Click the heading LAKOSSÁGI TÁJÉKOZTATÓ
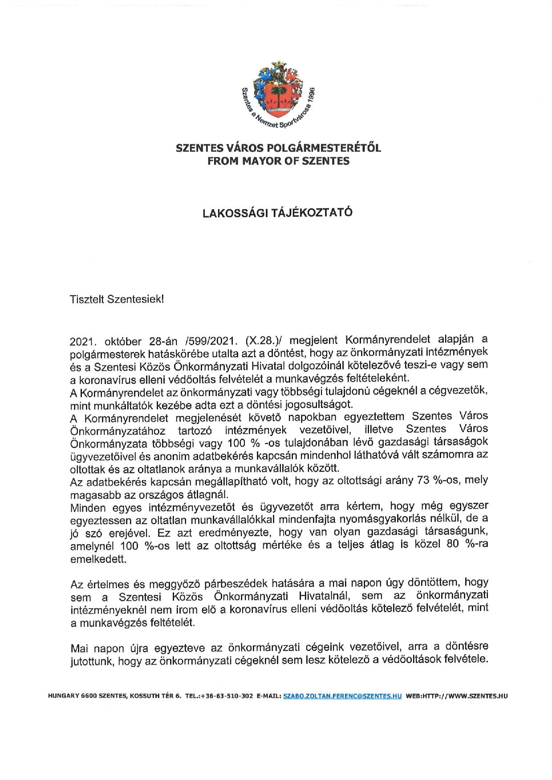[277, 212]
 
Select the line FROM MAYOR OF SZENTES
[278, 161]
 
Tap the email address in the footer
[342, 696]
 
